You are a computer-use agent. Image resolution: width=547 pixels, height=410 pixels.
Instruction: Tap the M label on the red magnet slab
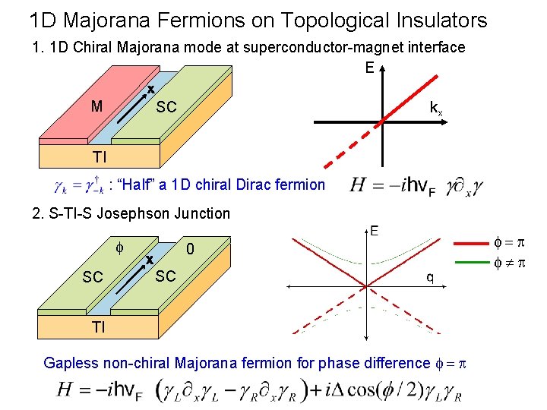coord(96,106)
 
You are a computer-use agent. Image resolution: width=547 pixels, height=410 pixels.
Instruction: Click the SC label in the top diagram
coord(166,107)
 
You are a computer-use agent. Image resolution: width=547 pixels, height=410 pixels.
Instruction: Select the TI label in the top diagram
coord(100,157)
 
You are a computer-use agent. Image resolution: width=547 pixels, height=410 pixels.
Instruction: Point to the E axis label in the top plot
coord(369,68)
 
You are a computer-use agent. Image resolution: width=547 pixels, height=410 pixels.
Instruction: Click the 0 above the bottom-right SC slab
coord(191,249)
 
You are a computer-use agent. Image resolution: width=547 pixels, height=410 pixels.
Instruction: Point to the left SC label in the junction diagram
coord(93,277)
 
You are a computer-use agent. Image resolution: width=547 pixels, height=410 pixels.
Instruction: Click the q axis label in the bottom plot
coord(429,278)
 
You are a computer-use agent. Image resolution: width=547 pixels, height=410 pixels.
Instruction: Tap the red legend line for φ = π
coord(476,243)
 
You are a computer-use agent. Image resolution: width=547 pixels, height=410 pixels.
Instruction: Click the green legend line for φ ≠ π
coord(476,263)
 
